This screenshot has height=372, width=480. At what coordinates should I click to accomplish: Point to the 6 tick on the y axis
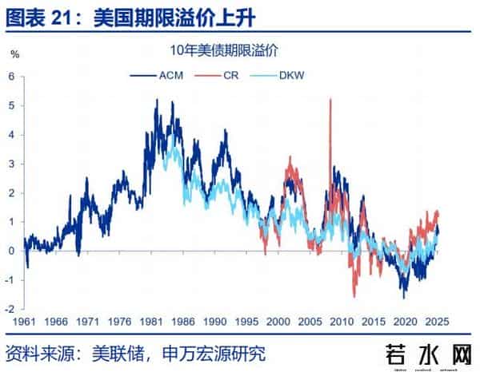pyautogui.click(x=12, y=77)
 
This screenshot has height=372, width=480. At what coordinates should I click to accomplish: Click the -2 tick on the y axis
pyautogui.click(x=10, y=309)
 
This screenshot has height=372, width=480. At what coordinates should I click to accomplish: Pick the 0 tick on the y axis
pyautogui.click(x=12, y=251)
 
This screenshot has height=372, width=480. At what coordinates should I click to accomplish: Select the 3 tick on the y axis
pyautogui.click(x=12, y=164)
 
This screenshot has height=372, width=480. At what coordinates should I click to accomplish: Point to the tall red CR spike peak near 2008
pyautogui.click(x=331, y=99)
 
